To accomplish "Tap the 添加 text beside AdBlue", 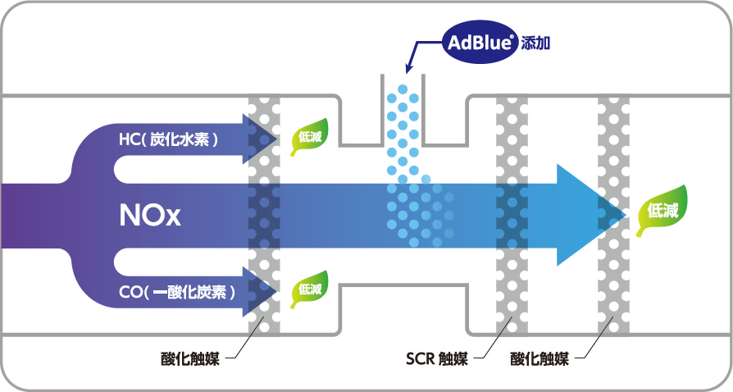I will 536,43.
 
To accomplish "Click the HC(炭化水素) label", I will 168,140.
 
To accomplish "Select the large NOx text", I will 148,216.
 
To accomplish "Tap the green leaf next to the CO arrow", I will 310,286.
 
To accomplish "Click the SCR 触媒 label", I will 437,358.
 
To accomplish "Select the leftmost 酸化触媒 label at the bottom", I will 189,358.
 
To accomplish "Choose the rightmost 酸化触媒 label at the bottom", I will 539,358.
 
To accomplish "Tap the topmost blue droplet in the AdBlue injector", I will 402,88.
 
